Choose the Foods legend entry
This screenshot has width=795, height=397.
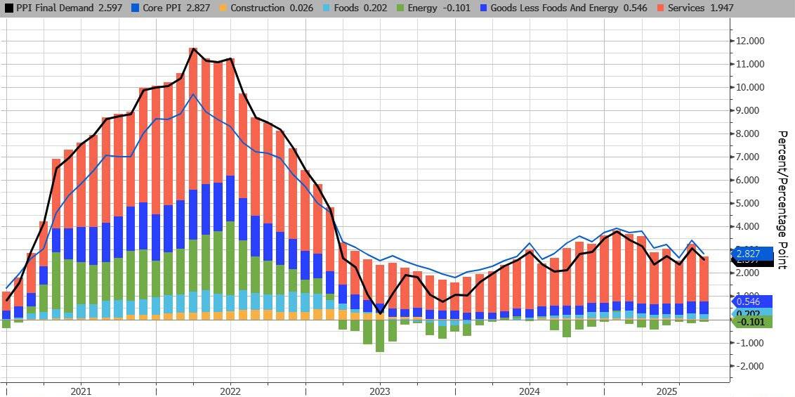tap(350, 8)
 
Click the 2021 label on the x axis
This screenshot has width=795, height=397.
tap(81, 391)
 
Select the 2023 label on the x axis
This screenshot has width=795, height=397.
tap(380, 391)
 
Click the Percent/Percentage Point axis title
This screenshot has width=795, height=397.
tap(781, 200)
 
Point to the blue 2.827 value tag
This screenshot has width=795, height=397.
tap(753, 253)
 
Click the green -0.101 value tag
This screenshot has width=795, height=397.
tap(753, 322)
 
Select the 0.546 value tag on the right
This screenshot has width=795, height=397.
tap(753, 300)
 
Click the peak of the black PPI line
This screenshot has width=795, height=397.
tap(193, 48)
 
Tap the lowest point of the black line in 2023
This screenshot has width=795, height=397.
tap(380, 313)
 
